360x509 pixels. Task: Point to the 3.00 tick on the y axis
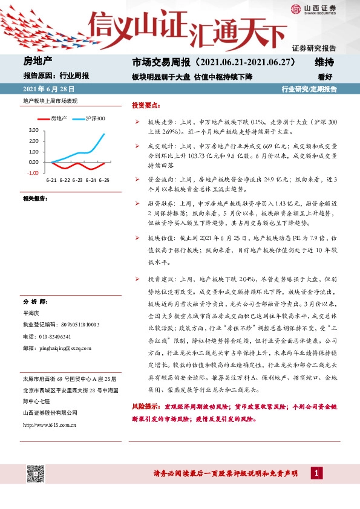tap(33, 130)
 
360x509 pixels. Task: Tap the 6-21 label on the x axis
tap(51, 180)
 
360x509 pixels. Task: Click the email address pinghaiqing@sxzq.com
tap(64, 348)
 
